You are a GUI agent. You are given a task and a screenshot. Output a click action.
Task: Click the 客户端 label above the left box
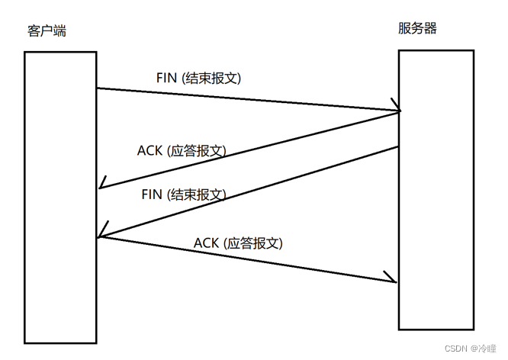[47, 31]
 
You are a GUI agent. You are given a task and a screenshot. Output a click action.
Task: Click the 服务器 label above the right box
[417, 28]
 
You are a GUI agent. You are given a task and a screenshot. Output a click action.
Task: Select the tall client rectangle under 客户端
[60, 198]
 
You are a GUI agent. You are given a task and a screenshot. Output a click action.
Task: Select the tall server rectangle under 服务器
[436, 190]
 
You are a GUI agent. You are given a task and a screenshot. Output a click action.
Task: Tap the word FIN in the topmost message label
[166, 78]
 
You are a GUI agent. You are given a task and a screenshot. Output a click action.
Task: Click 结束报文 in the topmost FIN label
[211, 78]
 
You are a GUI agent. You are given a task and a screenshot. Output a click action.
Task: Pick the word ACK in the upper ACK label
[150, 150]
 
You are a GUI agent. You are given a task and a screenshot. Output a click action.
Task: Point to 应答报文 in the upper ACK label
[197, 151]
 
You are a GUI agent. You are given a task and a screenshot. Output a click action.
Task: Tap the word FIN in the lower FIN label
[152, 194]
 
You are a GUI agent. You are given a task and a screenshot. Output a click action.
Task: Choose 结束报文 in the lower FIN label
[197, 194]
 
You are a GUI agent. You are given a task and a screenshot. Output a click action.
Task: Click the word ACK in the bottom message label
[206, 243]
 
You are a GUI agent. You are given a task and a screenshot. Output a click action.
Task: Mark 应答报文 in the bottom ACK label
[253, 243]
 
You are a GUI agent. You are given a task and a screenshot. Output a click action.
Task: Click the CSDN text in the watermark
[456, 349]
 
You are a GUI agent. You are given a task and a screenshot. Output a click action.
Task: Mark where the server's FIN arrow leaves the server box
[398, 147]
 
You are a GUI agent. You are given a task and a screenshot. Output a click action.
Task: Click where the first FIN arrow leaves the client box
[97, 88]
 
